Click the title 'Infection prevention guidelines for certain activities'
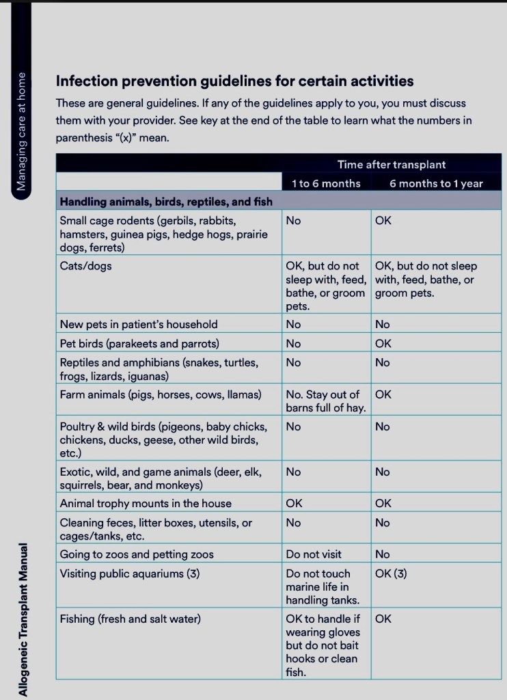[234, 81]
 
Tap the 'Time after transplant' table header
[391, 164]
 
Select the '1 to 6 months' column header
[325, 183]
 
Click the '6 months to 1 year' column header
[435, 183]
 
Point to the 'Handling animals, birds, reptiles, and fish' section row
[166, 201]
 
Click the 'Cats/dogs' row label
[85, 266]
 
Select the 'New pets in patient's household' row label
[139, 324]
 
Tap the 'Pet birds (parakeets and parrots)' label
[139, 343]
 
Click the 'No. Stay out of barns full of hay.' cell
[325, 401]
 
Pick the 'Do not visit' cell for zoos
[314, 554]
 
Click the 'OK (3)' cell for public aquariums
[391, 574]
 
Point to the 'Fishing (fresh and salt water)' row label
[131, 619]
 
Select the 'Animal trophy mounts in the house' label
[146, 503]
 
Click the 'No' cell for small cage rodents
[293, 221]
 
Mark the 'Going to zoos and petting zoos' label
[137, 554]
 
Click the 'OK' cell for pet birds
[383, 343]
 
